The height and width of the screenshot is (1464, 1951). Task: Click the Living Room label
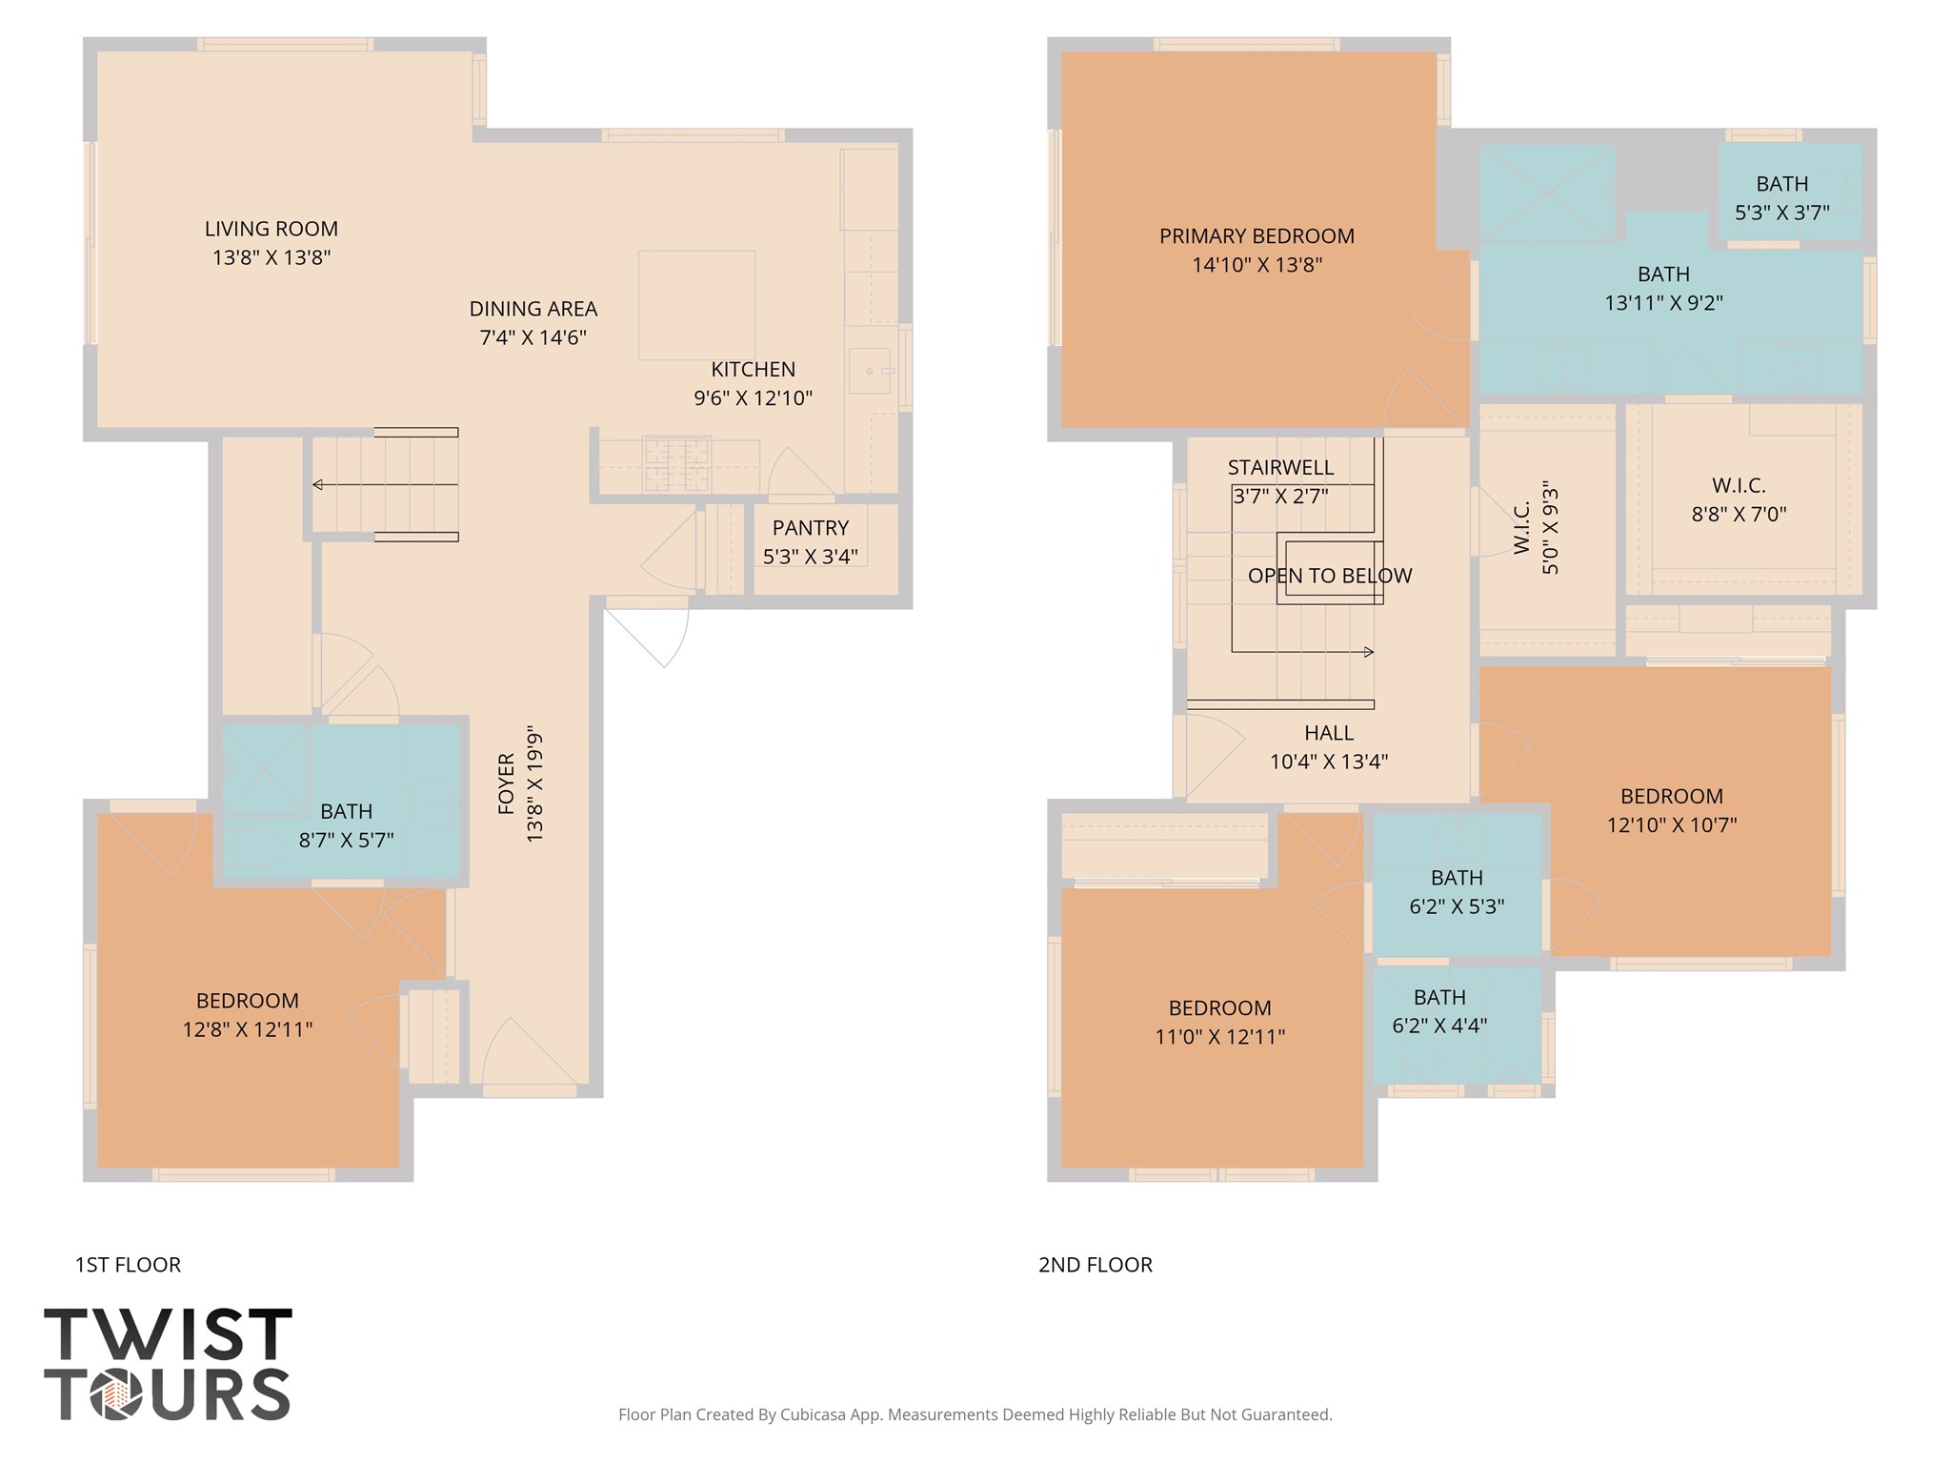click(271, 229)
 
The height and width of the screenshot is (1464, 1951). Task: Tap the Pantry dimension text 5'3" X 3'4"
click(810, 557)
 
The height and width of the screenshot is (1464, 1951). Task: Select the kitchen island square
click(696, 305)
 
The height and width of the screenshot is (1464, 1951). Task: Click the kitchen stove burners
click(677, 464)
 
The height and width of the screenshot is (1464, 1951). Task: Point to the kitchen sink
click(871, 371)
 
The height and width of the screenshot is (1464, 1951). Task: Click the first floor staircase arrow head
click(318, 485)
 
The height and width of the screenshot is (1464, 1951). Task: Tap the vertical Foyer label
click(507, 783)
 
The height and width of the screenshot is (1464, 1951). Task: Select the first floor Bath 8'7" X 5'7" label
click(346, 825)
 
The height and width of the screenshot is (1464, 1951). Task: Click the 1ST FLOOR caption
click(128, 1265)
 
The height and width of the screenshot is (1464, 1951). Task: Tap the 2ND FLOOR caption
click(1095, 1265)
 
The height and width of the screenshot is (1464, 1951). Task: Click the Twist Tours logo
click(168, 1365)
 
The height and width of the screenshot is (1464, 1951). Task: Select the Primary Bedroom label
click(1257, 236)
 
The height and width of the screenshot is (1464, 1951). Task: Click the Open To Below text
click(1330, 576)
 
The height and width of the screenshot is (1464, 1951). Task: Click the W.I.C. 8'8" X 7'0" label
click(1739, 499)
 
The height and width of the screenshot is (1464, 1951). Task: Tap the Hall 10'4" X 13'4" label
click(1329, 747)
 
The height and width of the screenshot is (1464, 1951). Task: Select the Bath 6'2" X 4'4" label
click(1439, 1011)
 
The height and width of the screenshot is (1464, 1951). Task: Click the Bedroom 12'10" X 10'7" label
click(1672, 810)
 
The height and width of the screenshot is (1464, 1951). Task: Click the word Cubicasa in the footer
click(815, 1414)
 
